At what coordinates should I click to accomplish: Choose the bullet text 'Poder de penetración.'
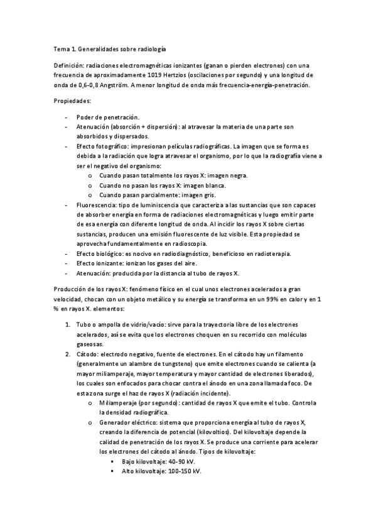[108, 117]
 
